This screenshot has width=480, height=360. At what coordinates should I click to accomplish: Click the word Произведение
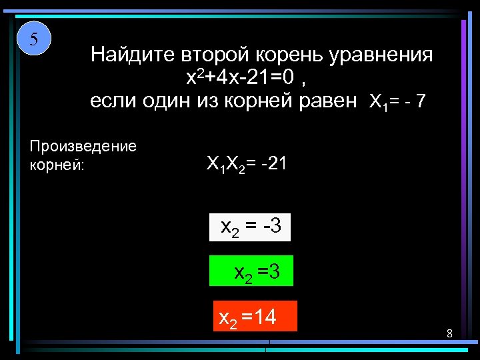[83, 147]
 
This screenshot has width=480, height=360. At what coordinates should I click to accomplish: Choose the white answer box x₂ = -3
[251, 227]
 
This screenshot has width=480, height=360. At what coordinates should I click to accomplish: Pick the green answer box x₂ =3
[251, 271]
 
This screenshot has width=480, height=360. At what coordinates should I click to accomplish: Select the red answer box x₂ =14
[253, 316]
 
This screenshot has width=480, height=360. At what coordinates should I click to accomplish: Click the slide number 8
[450, 333]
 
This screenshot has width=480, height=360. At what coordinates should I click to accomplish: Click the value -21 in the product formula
[273, 163]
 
